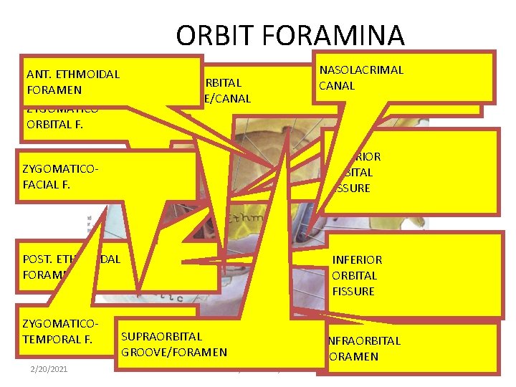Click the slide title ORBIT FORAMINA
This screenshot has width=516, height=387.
click(290, 35)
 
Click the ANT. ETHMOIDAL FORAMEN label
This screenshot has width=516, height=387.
click(72, 82)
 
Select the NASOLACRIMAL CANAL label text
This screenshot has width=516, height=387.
click(361, 77)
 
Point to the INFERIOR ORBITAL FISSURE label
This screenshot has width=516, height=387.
click(356, 275)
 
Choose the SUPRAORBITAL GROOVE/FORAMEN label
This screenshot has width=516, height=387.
click(174, 344)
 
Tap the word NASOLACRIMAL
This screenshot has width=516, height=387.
click(361, 70)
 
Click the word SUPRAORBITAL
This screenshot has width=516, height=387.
click(162, 336)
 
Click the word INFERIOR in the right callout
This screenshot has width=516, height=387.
click(356, 259)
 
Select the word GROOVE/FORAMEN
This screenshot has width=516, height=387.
click(174, 352)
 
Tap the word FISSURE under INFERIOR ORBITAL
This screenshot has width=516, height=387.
click(353, 291)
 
